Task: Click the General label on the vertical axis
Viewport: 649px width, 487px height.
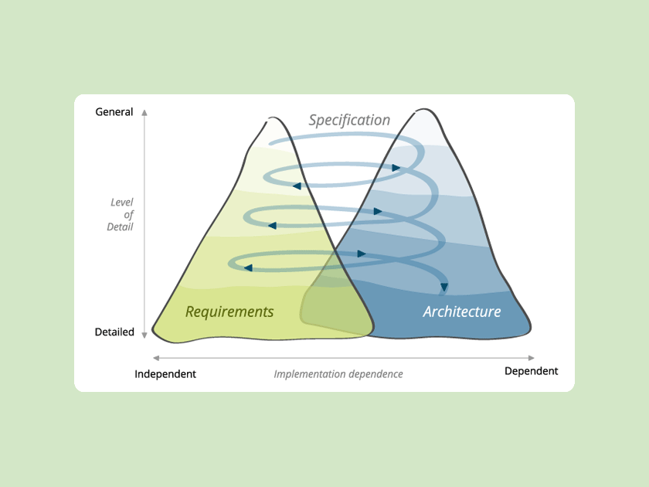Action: [114, 112]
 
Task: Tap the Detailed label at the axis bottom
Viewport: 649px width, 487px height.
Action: [114, 332]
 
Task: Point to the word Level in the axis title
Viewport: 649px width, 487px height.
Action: [122, 203]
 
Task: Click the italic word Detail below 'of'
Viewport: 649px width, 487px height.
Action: [121, 227]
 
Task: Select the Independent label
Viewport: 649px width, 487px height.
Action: [165, 374]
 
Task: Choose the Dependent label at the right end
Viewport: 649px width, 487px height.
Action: [531, 371]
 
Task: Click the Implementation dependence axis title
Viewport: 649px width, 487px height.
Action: [338, 374]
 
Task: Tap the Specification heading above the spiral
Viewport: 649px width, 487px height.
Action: [349, 120]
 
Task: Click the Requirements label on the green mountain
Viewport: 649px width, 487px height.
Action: [229, 312]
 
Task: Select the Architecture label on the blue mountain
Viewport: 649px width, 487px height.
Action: [462, 312]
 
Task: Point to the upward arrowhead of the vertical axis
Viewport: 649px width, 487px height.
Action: [144, 113]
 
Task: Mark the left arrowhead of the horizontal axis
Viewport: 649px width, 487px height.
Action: [157, 358]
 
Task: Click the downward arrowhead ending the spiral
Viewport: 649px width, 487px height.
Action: [444, 288]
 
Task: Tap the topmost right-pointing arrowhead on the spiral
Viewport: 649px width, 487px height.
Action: [396, 168]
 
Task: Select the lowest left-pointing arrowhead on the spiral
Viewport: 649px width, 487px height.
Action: [248, 267]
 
